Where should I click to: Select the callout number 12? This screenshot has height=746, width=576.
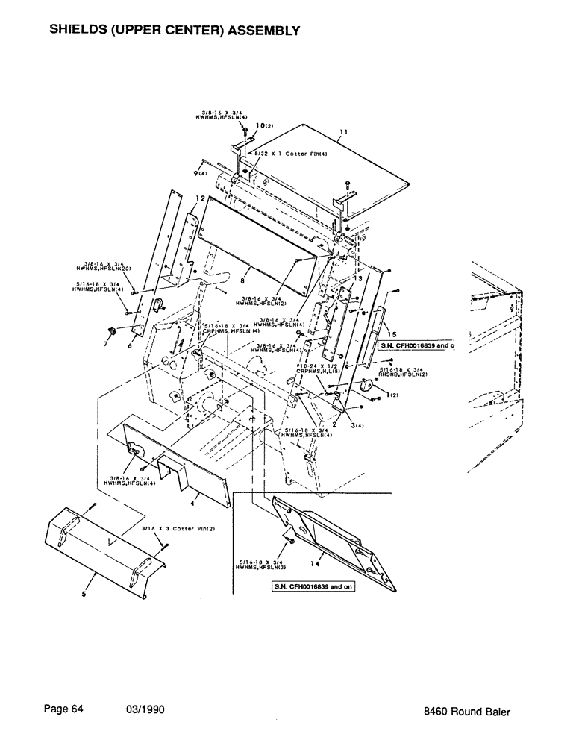[x=200, y=198]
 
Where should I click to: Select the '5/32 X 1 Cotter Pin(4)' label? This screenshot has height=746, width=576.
[x=281, y=153]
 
